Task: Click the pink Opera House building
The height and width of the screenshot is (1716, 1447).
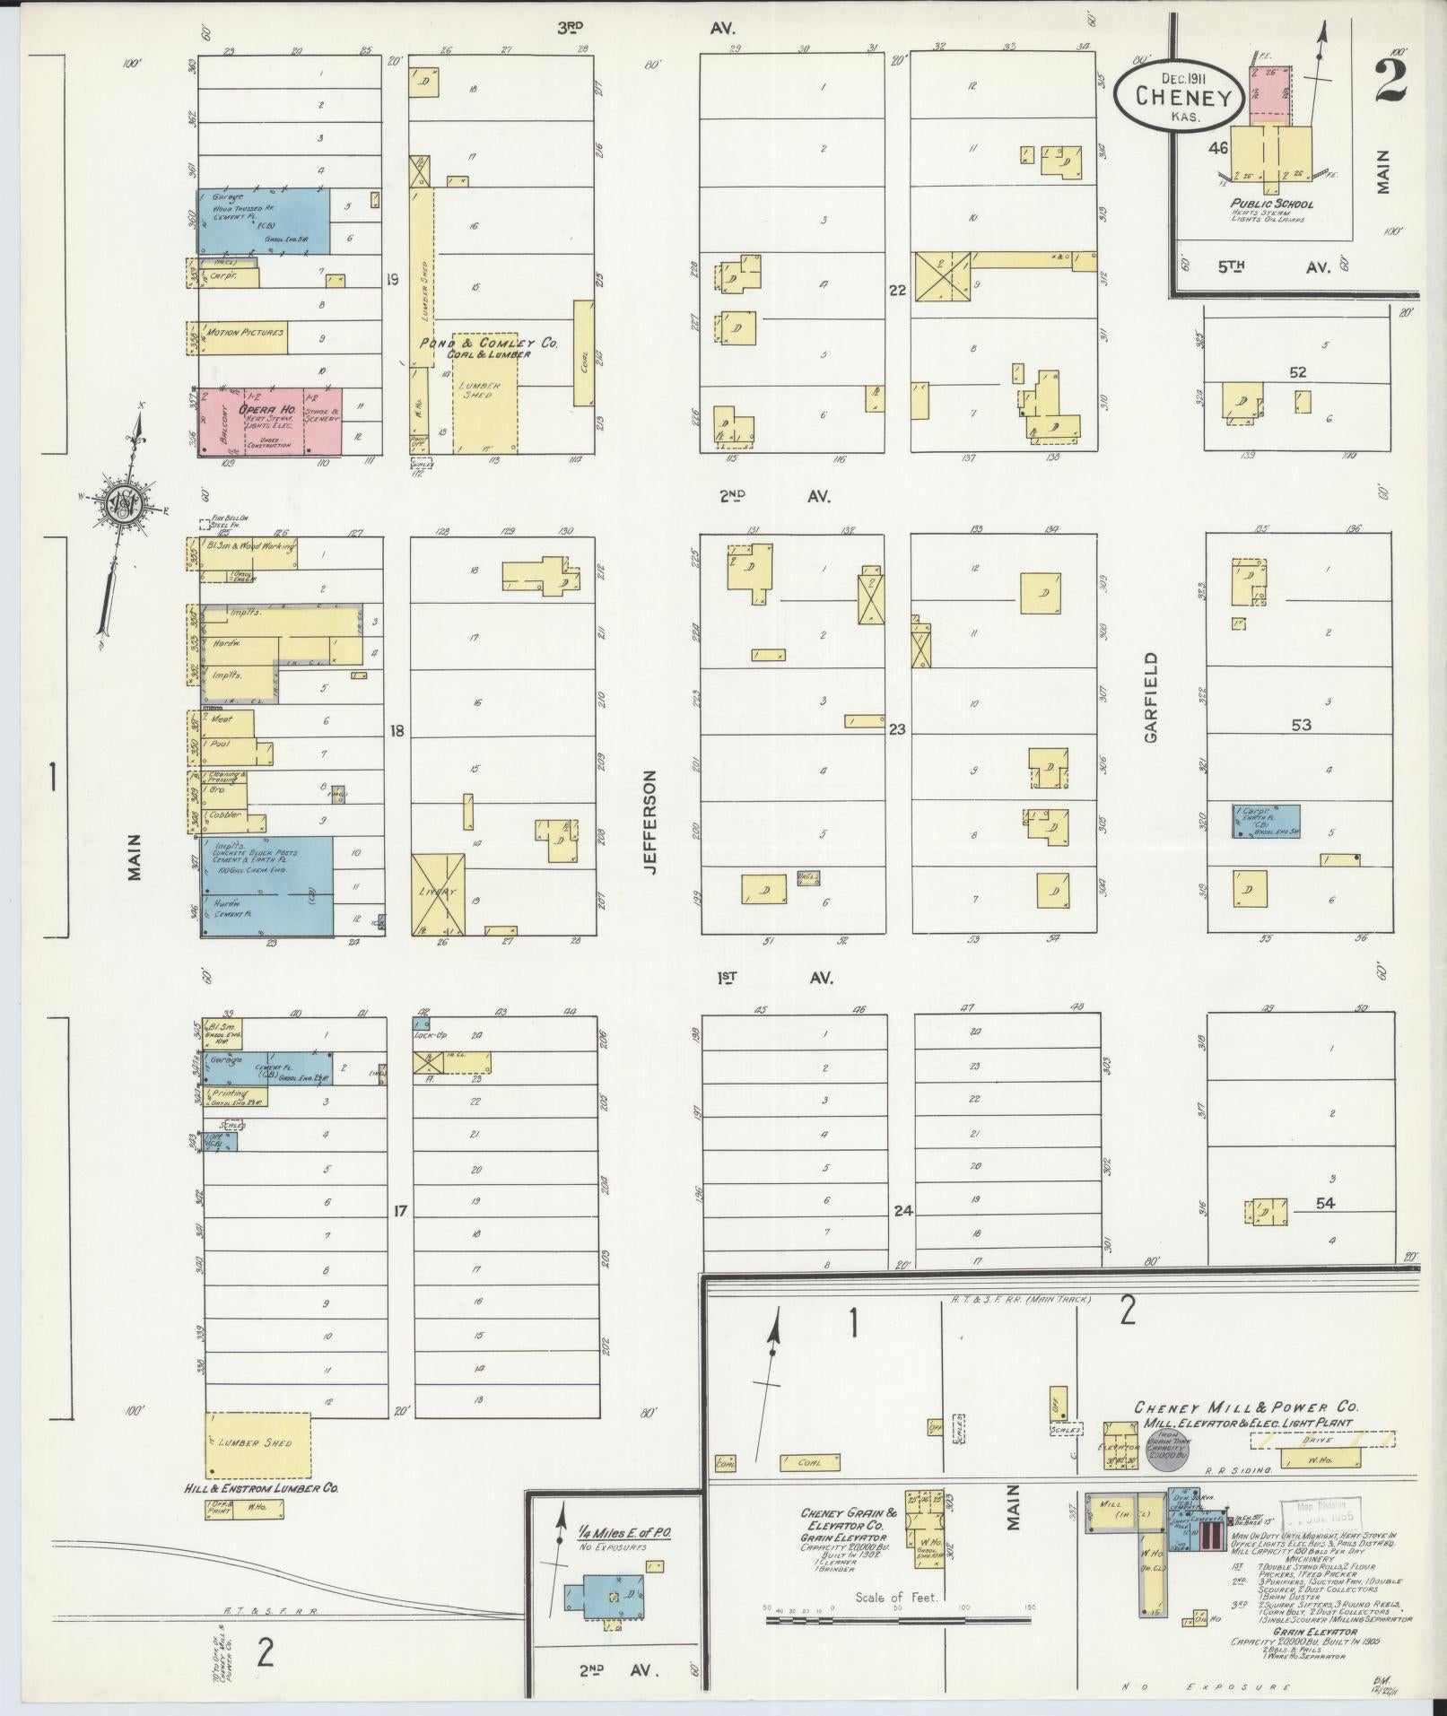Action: tap(269, 422)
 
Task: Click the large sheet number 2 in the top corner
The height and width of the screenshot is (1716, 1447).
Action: tap(1387, 81)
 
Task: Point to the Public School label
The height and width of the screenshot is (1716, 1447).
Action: tap(1271, 204)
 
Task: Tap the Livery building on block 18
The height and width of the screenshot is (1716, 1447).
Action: tap(439, 893)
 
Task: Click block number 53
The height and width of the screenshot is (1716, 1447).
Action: tap(1301, 724)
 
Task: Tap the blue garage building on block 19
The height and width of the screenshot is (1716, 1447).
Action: tap(263, 221)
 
